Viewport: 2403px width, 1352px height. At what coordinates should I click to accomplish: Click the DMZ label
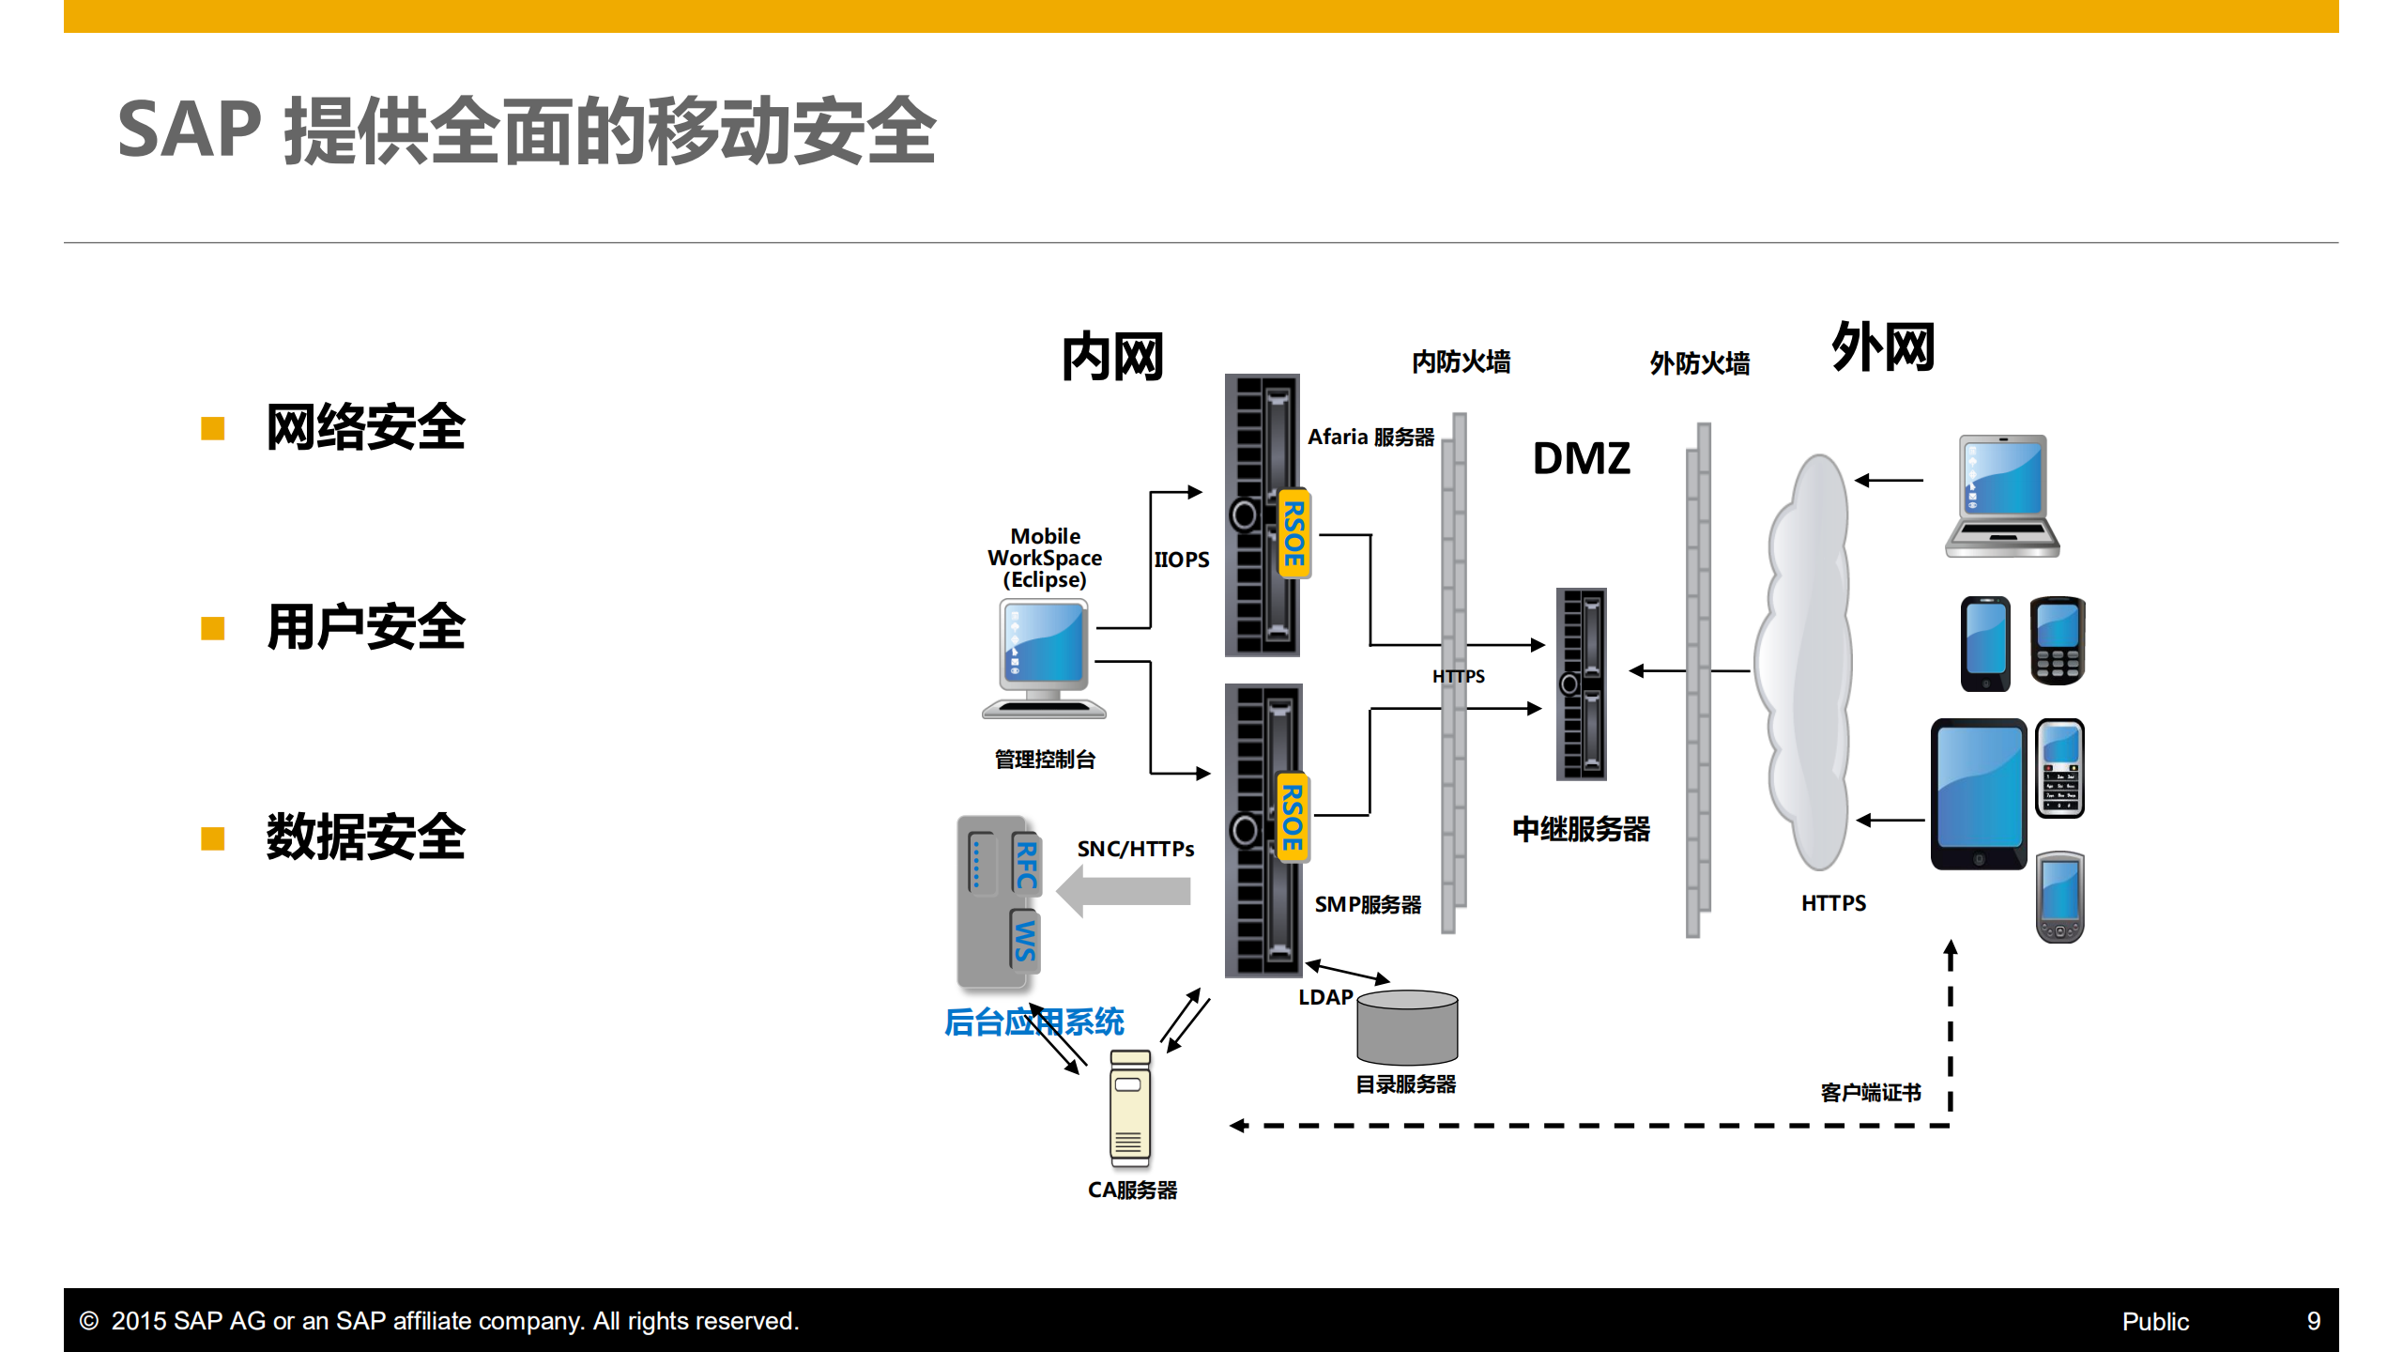tap(1581, 459)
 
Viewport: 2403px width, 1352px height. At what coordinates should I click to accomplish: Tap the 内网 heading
tap(1112, 358)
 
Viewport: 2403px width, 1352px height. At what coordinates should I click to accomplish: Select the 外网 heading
tap(1882, 346)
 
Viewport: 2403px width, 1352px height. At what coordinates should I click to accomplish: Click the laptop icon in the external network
tap(2002, 496)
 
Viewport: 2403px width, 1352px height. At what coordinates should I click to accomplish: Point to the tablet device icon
tap(1978, 794)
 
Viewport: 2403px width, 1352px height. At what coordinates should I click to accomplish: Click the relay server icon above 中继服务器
tap(1582, 684)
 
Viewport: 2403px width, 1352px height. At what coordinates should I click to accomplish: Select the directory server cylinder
tap(1407, 1028)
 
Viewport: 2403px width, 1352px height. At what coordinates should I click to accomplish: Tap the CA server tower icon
tap(1129, 1109)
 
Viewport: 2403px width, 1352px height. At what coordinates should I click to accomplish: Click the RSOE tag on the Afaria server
tap(1294, 534)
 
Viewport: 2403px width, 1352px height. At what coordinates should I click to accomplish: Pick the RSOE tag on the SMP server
tap(1293, 818)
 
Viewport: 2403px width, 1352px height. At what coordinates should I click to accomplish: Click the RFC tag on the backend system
tap(1026, 865)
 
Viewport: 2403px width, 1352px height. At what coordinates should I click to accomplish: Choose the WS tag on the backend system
tap(1025, 940)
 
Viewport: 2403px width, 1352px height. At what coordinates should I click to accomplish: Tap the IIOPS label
tap(1181, 560)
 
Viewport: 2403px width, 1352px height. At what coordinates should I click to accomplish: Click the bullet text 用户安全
tap(365, 628)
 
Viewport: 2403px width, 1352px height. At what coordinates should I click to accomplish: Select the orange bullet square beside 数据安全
tap(213, 838)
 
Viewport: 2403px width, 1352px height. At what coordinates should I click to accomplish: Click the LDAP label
tap(1324, 997)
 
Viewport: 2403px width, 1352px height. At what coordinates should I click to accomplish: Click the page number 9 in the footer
tap(2313, 1321)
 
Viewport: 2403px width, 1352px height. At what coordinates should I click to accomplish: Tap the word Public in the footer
tap(2154, 1322)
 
